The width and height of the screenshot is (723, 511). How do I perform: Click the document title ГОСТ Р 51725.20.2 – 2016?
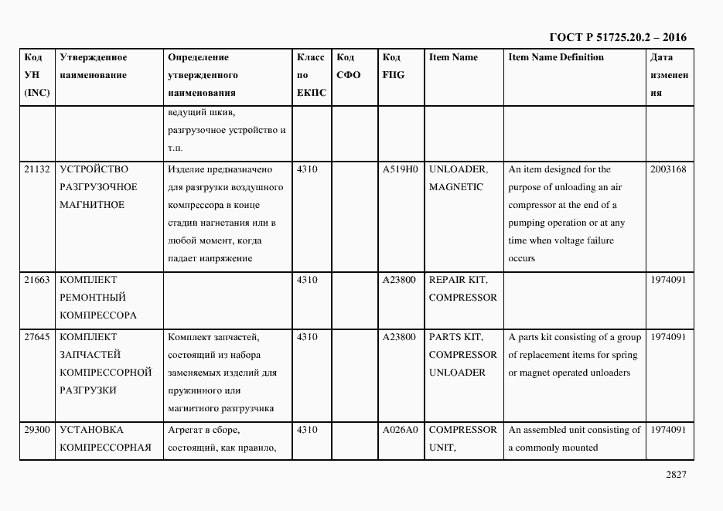click(617, 37)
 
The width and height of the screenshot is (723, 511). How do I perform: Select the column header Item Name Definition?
click(556, 57)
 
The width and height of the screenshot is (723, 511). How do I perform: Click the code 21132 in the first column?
click(37, 169)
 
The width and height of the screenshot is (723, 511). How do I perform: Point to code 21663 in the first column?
click(37, 280)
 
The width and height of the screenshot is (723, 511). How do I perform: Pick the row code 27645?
click(37, 337)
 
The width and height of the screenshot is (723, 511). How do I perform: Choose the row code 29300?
click(37, 430)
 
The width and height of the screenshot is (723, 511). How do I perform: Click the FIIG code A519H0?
click(400, 169)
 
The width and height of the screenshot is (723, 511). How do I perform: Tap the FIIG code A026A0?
click(400, 430)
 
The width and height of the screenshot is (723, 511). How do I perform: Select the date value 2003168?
click(668, 169)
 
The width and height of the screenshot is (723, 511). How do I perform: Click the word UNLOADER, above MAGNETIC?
click(458, 169)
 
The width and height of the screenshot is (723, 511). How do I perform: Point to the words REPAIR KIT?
click(458, 280)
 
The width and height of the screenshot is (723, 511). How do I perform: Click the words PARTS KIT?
click(455, 337)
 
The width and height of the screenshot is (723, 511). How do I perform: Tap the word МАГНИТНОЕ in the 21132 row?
click(92, 205)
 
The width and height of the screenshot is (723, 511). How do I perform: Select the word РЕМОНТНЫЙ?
click(92, 298)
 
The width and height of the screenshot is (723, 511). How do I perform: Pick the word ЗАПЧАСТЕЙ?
click(90, 355)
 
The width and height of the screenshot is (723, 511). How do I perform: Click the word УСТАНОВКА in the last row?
click(91, 430)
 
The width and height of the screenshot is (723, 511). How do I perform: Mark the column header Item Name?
click(453, 57)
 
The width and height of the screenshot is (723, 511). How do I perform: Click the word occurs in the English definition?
click(521, 258)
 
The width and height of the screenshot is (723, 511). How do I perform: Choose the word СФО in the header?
click(349, 75)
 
